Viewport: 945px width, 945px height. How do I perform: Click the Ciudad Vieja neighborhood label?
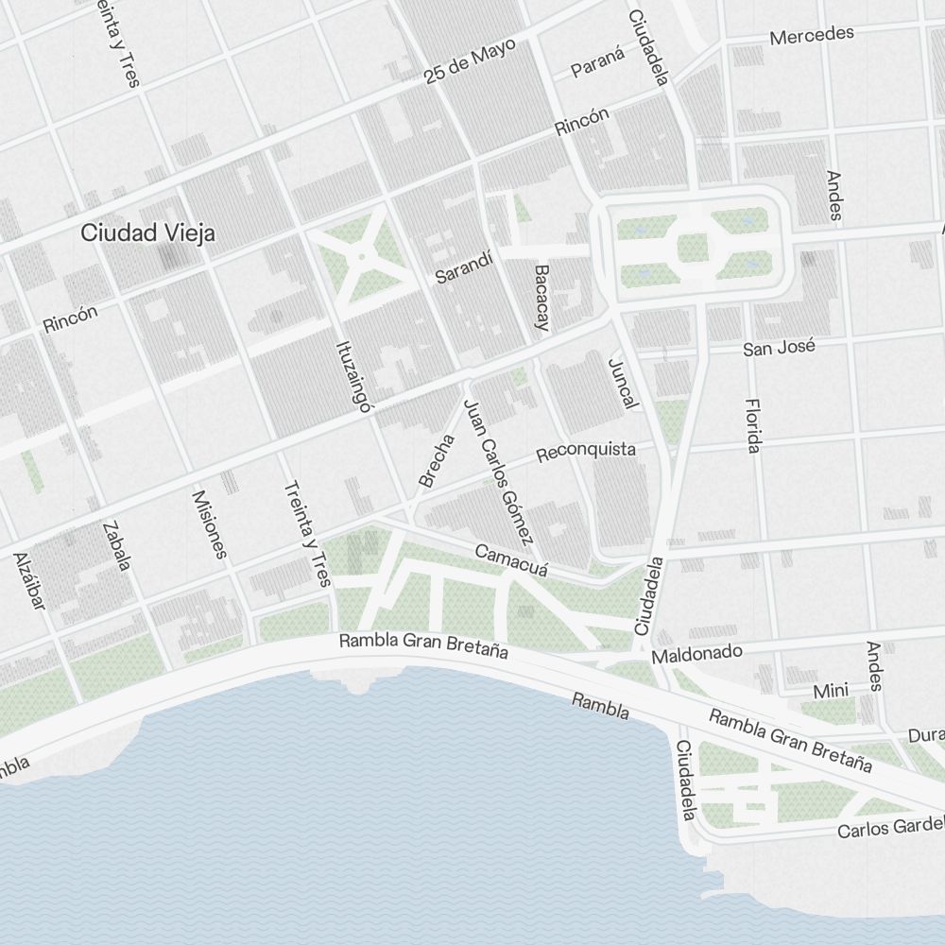point(147,232)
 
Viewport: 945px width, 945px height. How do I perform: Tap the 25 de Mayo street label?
point(469,64)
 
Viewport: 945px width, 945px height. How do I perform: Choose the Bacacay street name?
point(541,298)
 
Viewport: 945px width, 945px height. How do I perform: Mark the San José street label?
point(778,348)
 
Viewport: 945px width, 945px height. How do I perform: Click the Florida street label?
point(752,424)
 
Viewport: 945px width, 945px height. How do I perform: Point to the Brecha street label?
point(437,461)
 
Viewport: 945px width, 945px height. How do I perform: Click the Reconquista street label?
point(585,452)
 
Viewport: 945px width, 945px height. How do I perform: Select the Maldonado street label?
point(696,653)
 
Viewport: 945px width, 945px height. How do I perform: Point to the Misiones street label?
point(210,524)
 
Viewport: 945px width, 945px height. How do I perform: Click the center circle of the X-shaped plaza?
point(361,256)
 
